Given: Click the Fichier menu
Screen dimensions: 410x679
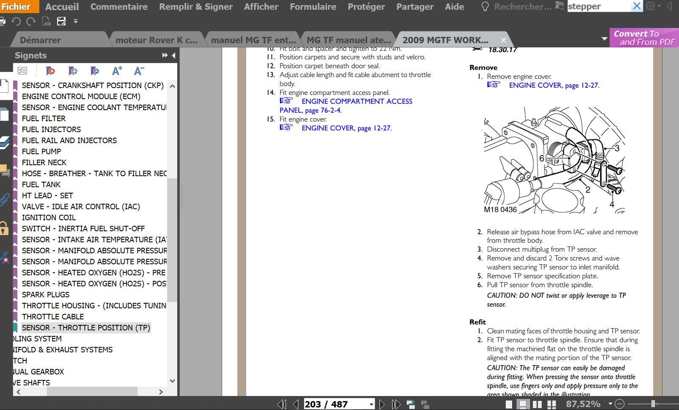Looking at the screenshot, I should pyautogui.click(x=16, y=6).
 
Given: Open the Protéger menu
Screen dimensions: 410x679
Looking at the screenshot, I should pyautogui.click(x=366, y=7).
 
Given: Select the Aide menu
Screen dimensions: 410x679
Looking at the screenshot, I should pyautogui.click(x=454, y=7).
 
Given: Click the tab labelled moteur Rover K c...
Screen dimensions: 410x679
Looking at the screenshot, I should pyautogui.click(x=156, y=40).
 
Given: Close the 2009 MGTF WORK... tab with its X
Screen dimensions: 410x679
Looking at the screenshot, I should pyautogui.click(x=503, y=40).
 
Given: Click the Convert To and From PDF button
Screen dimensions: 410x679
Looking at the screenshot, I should pyautogui.click(x=644, y=38).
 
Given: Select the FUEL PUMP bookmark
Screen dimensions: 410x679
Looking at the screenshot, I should pyautogui.click(x=41, y=152).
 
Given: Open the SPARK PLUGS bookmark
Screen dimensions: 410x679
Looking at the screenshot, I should pyautogui.click(x=46, y=295).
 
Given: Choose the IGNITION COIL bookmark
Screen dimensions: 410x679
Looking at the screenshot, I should pyautogui.click(x=49, y=218).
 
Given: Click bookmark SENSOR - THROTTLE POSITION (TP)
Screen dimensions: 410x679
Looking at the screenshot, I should pyautogui.click(x=86, y=328).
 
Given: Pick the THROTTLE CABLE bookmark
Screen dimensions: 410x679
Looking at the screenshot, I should pyautogui.click(x=53, y=317).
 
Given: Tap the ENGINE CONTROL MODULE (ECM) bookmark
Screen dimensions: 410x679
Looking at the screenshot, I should pyautogui.click(x=81, y=97).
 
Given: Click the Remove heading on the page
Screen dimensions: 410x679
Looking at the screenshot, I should pyautogui.click(x=483, y=68).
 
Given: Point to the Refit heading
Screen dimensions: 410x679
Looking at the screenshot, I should pyautogui.click(x=478, y=322).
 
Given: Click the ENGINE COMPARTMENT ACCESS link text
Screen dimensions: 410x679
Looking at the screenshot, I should pyautogui.click(x=357, y=101).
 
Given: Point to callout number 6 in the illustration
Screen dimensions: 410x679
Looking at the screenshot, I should pyautogui.click(x=542, y=158).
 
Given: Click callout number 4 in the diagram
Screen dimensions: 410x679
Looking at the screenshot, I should pyautogui.click(x=611, y=204).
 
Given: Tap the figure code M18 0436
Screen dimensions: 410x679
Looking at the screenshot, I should pyautogui.click(x=500, y=210).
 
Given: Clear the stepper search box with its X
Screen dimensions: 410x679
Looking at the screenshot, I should pyautogui.click(x=637, y=6).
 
